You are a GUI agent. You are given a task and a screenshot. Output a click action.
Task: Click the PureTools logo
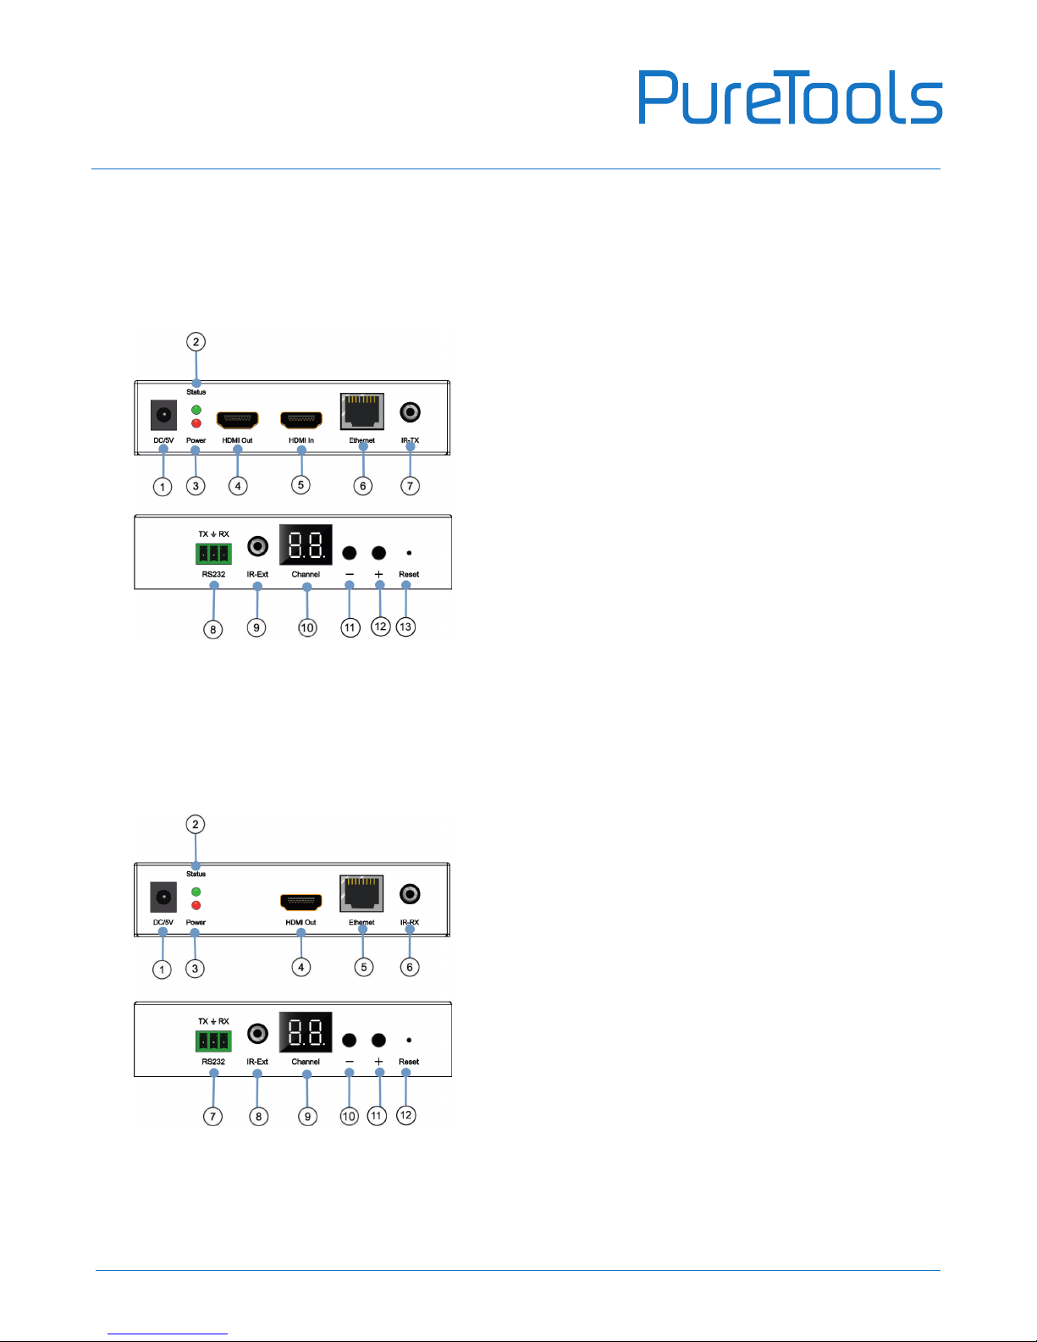pos(790,98)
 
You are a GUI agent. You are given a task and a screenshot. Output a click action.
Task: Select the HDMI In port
pos(301,420)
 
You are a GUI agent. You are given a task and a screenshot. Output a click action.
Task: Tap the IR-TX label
pos(410,440)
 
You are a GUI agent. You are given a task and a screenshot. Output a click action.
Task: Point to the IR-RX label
pos(410,922)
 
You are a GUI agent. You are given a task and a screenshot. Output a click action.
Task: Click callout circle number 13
pos(406,627)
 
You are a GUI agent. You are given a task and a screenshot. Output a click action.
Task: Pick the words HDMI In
pos(301,440)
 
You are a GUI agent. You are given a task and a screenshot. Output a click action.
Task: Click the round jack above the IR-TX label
pos(411,412)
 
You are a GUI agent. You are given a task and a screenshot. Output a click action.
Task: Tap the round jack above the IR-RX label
pos(411,894)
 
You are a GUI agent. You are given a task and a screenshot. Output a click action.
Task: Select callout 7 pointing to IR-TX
pos(411,485)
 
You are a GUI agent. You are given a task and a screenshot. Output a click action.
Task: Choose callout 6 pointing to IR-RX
pos(410,967)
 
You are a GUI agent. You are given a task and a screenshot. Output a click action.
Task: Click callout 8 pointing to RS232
pos(213,628)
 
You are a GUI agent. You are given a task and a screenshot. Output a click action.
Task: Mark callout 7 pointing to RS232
pos(213,1116)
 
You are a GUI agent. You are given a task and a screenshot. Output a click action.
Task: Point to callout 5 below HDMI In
pos(301,485)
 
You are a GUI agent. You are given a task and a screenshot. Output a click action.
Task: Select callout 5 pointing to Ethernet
pos(364,967)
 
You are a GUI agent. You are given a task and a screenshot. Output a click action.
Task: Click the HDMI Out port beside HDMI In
pos(238,420)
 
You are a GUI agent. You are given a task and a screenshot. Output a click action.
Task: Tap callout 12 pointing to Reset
pos(406,1114)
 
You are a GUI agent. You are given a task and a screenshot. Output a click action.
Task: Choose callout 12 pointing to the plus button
pos(380,627)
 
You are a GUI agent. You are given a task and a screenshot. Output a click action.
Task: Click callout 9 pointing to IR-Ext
pos(256,627)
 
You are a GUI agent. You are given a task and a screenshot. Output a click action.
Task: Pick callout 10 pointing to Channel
pos(307,627)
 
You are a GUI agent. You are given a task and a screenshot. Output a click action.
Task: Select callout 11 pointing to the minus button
pos(350,627)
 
